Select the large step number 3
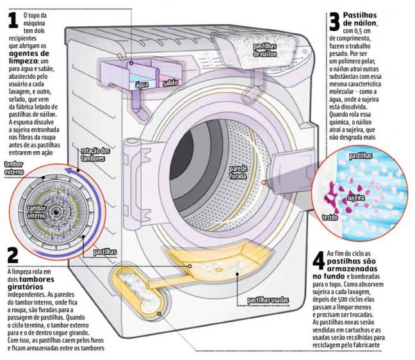pyautogui.click(x=334, y=23)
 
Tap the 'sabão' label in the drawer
pyautogui.click(x=170, y=83)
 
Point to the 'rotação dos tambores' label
pyautogui.click(x=95, y=154)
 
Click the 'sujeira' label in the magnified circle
pyautogui.click(x=355, y=198)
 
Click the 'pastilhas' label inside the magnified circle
pyautogui.click(x=361, y=156)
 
